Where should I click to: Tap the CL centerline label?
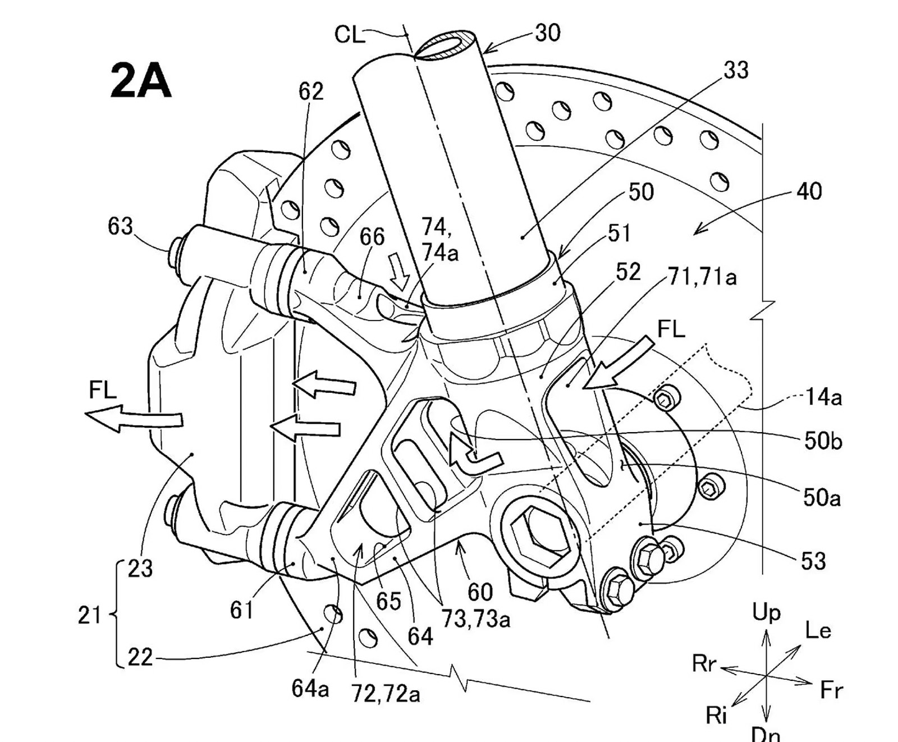coord(349,35)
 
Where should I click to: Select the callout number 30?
coord(547,33)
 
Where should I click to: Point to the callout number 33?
coord(736,71)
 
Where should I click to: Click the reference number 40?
coord(809,192)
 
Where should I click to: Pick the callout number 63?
coord(120,227)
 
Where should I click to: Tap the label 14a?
coord(823,397)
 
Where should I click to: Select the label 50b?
coord(823,442)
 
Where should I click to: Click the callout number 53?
coord(813,561)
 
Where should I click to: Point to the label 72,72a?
coord(386,694)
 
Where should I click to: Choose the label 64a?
coord(310,688)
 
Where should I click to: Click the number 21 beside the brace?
coord(89,616)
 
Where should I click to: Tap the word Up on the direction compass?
coord(766,613)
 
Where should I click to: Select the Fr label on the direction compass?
coord(831,690)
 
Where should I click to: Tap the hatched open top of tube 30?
coord(448,44)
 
